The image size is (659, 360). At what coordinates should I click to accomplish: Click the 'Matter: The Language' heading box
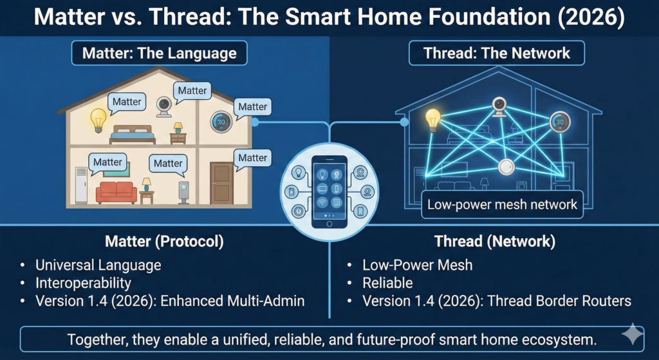(x=160, y=53)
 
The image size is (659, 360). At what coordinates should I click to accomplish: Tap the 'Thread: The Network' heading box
(x=496, y=53)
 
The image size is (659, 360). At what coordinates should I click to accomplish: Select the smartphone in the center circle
(x=329, y=191)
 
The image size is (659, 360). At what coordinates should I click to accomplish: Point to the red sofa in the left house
(x=116, y=192)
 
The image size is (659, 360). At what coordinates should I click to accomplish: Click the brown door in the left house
(x=221, y=183)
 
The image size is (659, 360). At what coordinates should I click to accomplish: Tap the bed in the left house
(x=133, y=134)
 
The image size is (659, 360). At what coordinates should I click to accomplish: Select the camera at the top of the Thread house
(x=499, y=106)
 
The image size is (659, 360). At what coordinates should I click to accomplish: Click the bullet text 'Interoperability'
(x=84, y=283)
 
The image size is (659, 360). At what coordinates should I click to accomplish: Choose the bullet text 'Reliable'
(x=387, y=283)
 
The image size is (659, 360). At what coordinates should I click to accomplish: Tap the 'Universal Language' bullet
(x=98, y=265)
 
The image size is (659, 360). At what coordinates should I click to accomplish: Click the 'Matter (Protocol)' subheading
(x=164, y=242)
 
